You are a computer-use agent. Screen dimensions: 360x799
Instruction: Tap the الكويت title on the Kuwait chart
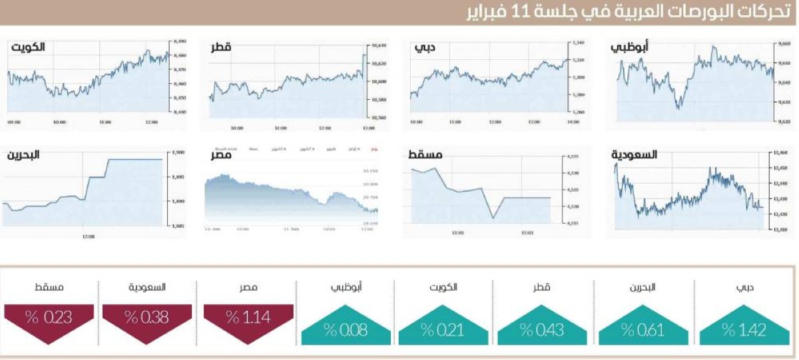(x=28, y=48)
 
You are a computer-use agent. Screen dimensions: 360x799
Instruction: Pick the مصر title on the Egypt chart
(x=221, y=155)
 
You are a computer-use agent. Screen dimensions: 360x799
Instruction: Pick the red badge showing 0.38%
(x=146, y=317)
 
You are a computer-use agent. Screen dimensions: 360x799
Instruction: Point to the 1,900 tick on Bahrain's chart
(x=178, y=152)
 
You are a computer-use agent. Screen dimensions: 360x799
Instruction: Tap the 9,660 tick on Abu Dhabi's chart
(x=783, y=43)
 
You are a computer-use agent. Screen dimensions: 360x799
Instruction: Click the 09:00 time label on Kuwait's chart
(x=14, y=122)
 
